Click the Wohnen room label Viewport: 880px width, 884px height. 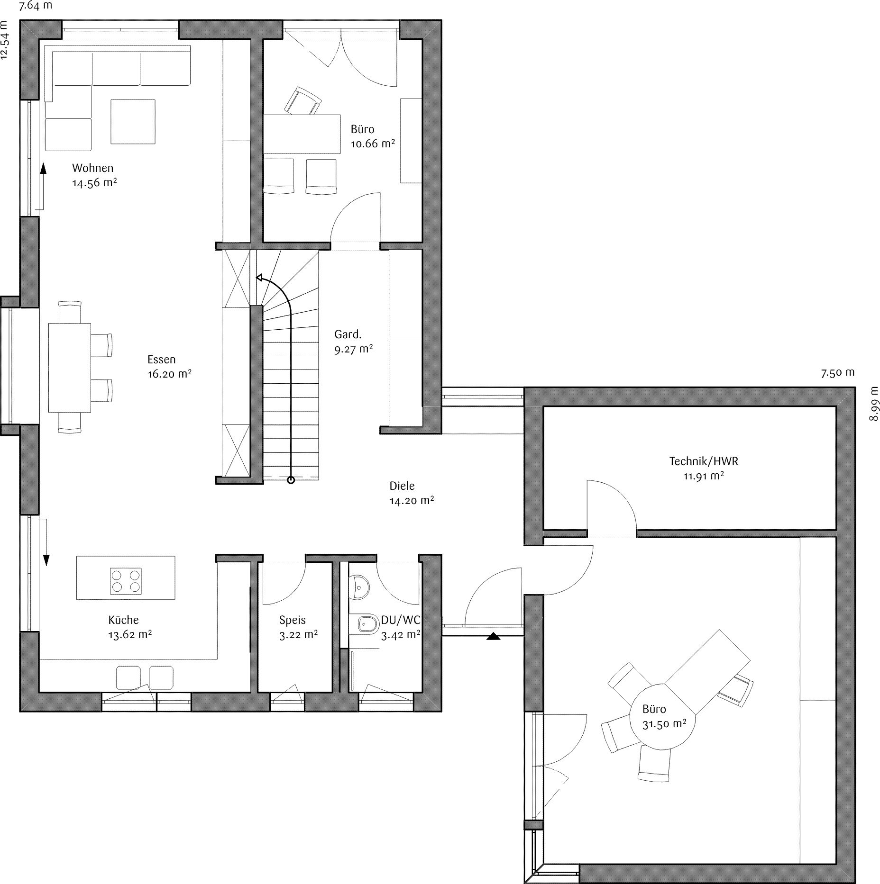click(x=92, y=168)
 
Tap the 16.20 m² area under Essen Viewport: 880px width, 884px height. click(x=169, y=374)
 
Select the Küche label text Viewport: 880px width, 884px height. click(x=123, y=620)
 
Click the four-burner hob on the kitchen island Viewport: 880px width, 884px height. click(x=126, y=581)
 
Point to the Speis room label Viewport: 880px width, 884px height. click(x=292, y=620)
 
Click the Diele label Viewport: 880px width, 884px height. click(x=402, y=486)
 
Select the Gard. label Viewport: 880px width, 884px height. click(x=348, y=334)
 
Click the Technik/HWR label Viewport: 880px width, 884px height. click(x=704, y=461)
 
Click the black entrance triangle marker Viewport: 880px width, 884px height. click(x=493, y=636)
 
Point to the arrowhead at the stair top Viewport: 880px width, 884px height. click(x=259, y=278)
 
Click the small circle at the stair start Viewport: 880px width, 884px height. click(x=291, y=480)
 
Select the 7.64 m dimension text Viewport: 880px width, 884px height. click(x=36, y=6)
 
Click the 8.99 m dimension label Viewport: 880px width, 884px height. click(x=874, y=404)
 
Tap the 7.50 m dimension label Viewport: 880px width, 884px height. click(x=838, y=373)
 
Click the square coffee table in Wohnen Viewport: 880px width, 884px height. click(x=133, y=121)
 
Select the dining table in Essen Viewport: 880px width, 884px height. click(x=69, y=368)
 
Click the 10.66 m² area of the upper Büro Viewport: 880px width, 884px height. click(x=373, y=144)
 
